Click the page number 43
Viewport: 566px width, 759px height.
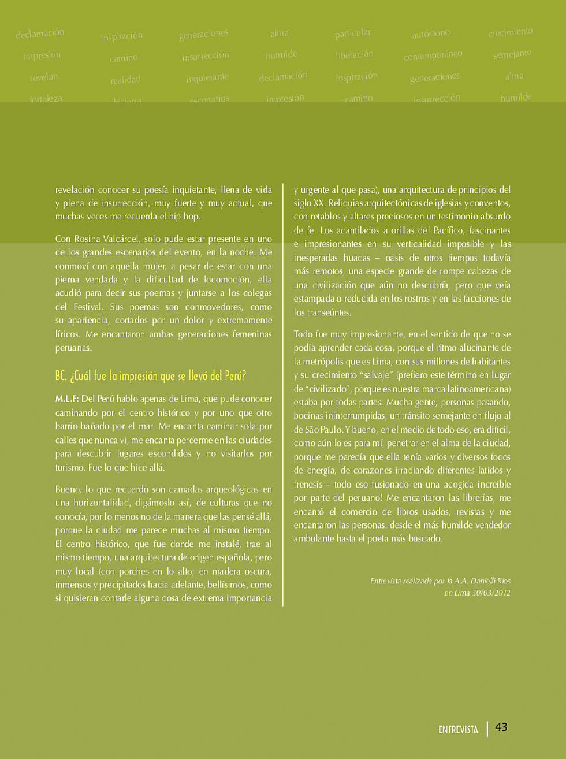point(501,727)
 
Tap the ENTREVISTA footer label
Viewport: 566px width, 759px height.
point(458,730)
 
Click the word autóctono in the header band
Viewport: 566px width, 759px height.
point(431,34)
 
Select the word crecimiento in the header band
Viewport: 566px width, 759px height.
point(511,32)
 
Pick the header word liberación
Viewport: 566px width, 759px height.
point(355,55)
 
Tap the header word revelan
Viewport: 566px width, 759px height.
point(44,77)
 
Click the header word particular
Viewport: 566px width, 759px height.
point(353,34)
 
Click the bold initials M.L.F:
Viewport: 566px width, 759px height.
point(67,399)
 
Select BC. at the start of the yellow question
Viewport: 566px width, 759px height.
point(61,376)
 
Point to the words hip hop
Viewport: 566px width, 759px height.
point(185,217)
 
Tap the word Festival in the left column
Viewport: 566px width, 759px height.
point(87,307)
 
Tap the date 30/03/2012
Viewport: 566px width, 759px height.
point(491,593)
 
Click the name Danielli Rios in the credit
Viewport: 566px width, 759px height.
point(490,581)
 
